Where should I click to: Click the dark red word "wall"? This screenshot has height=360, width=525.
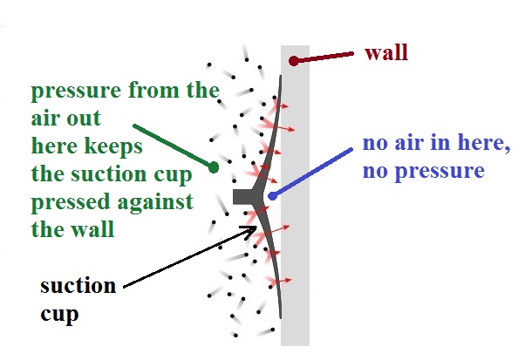386,53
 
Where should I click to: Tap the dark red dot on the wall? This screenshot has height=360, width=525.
294,61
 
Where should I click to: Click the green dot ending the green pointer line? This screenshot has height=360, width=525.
214,167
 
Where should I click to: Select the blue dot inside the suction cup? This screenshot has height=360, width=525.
273,196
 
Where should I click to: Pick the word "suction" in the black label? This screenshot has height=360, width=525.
78,286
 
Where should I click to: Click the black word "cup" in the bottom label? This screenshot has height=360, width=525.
59,315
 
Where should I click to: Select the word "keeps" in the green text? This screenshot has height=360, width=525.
113,147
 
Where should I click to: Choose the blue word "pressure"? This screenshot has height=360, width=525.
440,172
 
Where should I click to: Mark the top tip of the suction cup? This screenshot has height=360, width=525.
281,77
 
